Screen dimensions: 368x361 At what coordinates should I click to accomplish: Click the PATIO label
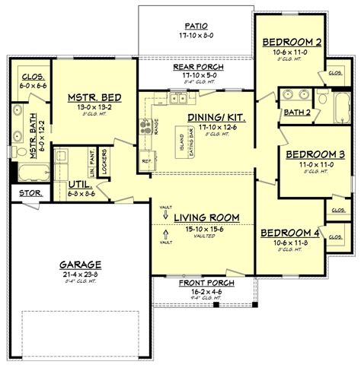click(196, 24)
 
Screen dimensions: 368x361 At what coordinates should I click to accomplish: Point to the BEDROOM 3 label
click(315, 154)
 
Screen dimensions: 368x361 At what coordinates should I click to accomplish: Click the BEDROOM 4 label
click(290, 233)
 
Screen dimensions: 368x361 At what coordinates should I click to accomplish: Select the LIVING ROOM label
click(206, 218)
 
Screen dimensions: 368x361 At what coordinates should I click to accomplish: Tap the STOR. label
click(30, 194)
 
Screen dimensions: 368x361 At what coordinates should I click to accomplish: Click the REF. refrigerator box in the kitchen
click(146, 162)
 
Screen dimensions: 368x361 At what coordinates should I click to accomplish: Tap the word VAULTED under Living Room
click(206, 236)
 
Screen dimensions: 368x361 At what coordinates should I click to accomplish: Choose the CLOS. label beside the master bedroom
click(30, 76)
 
